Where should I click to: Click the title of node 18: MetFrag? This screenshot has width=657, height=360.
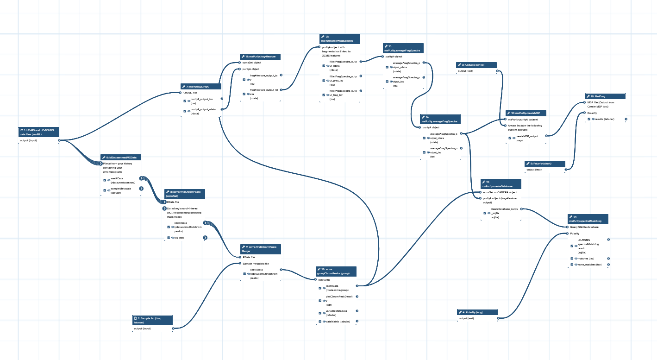click(x=605, y=96)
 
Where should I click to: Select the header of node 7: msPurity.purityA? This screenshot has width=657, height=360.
click(x=201, y=86)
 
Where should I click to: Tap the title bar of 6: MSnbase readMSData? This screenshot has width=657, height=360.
click(x=121, y=158)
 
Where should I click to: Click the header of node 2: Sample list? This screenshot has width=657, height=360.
click(x=152, y=320)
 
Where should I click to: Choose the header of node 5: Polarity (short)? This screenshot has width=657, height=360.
click(x=544, y=164)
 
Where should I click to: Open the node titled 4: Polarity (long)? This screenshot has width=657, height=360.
click(x=477, y=312)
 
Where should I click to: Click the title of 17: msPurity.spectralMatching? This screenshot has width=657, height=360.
click(x=588, y=219)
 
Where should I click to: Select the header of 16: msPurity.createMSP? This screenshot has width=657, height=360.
click(x=526, y=113)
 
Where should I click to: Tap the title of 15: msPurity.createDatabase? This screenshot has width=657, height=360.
click(x=501, y=184)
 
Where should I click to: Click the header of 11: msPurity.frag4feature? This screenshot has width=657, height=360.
click(x=260, y=57)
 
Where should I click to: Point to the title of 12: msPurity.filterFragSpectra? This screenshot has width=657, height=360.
click(x=339, y=38)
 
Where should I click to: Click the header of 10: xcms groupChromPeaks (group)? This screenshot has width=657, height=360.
click(x=336, y=272)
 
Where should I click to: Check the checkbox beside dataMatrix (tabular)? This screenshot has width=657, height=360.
click(x=320, y=321)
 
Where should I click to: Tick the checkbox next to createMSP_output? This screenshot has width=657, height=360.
click(x=510, y=138)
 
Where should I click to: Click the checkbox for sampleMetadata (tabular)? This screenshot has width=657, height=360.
click(x=105, y=190)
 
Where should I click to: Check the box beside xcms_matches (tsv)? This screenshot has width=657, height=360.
click(x=572, y=265)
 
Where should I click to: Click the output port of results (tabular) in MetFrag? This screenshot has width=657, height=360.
click(x=626, y=119)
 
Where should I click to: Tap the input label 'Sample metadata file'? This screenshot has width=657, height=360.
click(x=256, y=264)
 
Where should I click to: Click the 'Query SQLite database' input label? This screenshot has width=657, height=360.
click(x=584, y=227)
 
